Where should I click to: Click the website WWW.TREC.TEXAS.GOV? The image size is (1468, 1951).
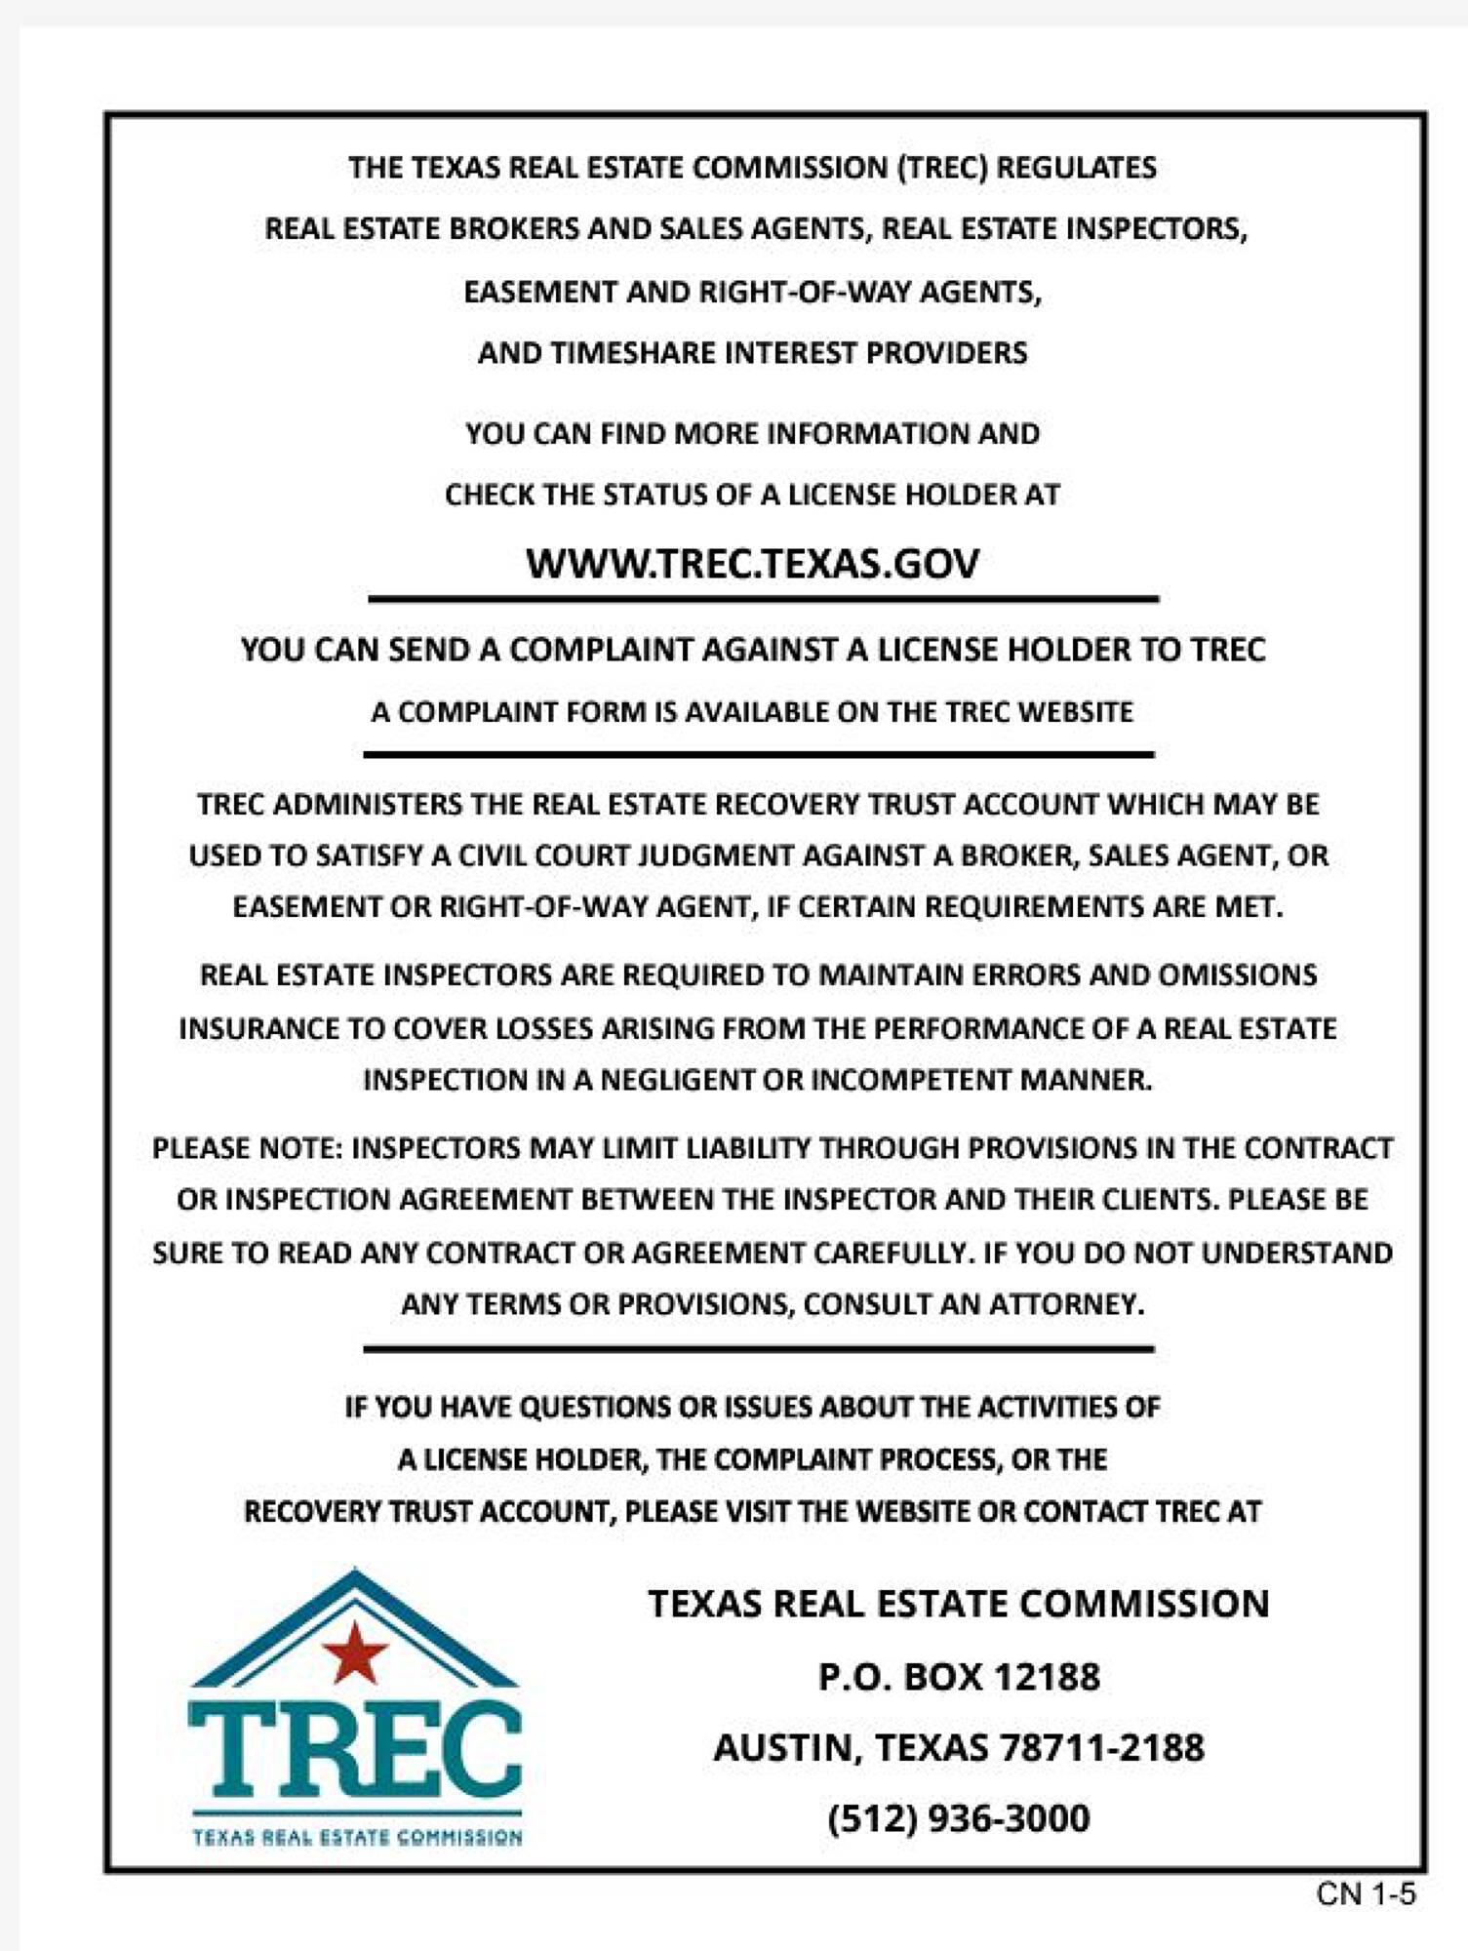point(752,564)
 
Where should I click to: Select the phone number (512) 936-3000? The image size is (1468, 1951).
point(958,1818)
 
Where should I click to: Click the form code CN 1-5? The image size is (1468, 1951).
point(1365,1893)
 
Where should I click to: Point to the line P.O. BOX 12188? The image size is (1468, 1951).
point(958,1677)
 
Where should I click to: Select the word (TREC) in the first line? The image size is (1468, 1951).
point(942,167)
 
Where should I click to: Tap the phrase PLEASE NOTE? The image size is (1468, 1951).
point(247,1147)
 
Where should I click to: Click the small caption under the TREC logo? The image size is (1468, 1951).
point(357,1837)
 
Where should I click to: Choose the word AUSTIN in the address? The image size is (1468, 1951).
point(782,1747)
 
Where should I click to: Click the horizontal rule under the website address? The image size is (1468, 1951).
point(763,599)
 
